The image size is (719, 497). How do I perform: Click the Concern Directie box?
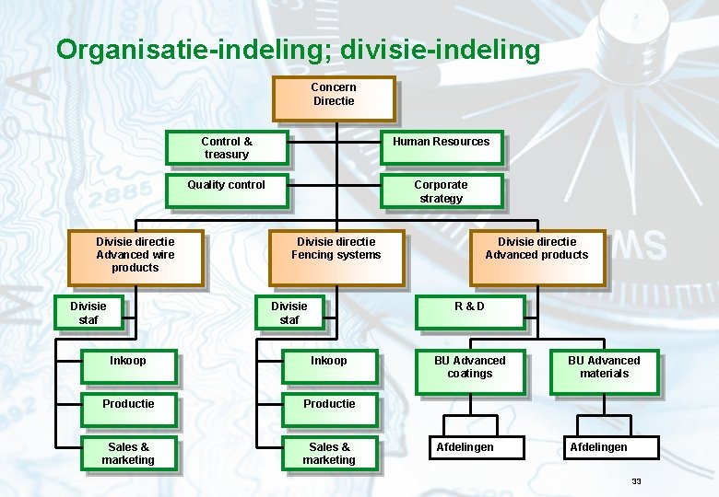[x=334, y=98]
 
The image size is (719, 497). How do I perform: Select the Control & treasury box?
[x=226, y=148]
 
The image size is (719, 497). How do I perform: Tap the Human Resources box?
[x=442, y=147]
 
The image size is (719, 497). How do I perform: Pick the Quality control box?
[x=226, y=191]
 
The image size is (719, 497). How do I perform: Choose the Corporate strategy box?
[x=442, y=191]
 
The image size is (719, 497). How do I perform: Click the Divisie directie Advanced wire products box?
[x=136, y=258]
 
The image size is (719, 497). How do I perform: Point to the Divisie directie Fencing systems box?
[x=336, y=258]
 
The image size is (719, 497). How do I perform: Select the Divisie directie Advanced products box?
[x=537, y=258]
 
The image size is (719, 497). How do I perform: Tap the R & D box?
[x=469, y=312]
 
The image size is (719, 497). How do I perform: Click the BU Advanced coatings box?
[x=469, y=371]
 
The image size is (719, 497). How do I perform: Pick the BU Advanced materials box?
[x=604, y=371]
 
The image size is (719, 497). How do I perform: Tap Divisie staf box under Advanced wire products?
[x=89, y=313]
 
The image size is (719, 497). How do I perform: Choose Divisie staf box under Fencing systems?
[x=289, y=313]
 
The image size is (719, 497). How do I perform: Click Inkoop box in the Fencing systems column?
[x=329, y=366]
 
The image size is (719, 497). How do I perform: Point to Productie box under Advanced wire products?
[x=128, y=410]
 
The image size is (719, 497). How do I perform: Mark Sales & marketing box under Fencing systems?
[x=329, y=454]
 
